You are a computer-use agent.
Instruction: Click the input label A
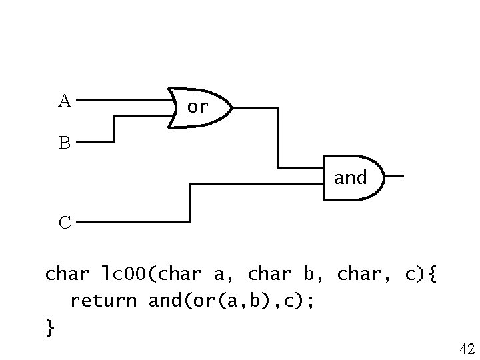(x=64, y=101)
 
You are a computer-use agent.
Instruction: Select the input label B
(x=64, y=143)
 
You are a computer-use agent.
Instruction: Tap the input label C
(x=65, y=222)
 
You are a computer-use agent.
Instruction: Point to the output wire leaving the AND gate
(x=393, y=177)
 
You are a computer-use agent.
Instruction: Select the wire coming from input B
(x=113, y=130)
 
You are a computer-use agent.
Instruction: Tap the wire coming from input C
(x=190, y=203)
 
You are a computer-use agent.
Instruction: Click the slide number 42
(x=467, y=348)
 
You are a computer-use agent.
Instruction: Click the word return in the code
(x=103, y=301)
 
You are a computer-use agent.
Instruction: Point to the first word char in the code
(x=66, y=273)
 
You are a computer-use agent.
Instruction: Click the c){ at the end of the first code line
(x=420, y=273)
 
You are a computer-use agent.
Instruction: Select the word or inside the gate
(x=198, y=106)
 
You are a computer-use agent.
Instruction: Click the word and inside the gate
(x=350, y=178)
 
